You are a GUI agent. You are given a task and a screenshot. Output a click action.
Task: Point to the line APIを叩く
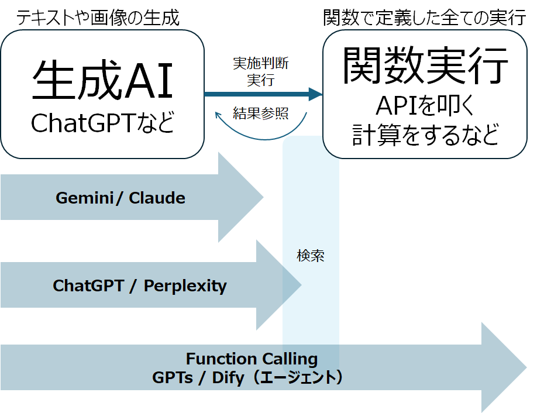coord(425,106)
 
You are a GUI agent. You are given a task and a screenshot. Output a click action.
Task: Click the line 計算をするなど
coord(425,135)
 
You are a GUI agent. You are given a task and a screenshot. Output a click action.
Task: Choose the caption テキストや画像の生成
coord(97,18)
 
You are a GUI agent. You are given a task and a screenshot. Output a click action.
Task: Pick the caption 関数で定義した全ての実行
coord(425,18)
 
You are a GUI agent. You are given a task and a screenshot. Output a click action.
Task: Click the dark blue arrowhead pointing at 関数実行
coord(316,94)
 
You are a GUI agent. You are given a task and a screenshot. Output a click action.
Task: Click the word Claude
coord(157,198)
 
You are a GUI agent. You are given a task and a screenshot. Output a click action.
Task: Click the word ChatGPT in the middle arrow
coord(88,286)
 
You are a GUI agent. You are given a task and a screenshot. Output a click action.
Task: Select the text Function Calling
coord(252,359)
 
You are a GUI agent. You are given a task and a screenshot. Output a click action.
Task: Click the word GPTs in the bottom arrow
coord(173,377)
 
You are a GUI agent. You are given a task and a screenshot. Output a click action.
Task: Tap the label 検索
coord(310,256)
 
